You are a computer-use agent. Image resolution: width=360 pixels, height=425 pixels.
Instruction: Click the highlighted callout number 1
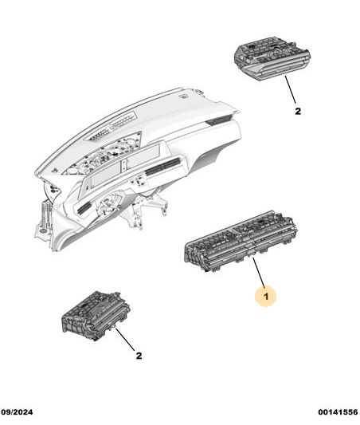(x=266, y=297)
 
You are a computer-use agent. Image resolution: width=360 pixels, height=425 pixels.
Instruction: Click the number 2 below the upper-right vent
(x=298, y=111)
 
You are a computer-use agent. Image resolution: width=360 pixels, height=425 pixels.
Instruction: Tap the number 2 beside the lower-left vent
(x=139, y=356)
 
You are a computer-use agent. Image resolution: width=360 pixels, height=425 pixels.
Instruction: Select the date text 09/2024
(x=17, y=412)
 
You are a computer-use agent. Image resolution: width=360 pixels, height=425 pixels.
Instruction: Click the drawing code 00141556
(x=338, y=412)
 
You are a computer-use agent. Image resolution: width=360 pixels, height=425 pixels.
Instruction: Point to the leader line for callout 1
(x=259, y=273)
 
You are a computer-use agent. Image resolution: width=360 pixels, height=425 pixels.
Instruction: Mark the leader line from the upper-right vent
(x=291, y=89)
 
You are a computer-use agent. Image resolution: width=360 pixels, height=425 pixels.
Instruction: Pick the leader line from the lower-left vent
(x=125, y=339)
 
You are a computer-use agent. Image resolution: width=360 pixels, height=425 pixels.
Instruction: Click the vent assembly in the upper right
(x=272, y=57)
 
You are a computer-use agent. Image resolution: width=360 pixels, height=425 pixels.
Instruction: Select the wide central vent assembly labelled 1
(x=241, y=242)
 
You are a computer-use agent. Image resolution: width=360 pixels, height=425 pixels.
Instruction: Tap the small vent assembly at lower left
(x=96, y=315)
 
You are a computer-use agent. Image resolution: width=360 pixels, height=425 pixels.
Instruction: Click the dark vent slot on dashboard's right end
(x=218, y=120)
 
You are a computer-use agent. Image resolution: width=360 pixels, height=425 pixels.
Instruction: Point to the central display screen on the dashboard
(x=123, y=167)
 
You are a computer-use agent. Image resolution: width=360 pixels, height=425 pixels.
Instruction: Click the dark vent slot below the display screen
(x=163, y=165)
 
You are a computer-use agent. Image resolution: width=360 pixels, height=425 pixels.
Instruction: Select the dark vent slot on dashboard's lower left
(x=84, y=208)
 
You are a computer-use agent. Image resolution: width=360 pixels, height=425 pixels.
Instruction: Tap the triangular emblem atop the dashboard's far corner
(x=183, y=96)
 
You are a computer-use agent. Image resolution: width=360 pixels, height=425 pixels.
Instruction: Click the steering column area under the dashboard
(x=110, y=205)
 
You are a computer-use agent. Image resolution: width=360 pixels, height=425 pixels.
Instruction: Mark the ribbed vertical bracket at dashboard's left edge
(x=45, y=215)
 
